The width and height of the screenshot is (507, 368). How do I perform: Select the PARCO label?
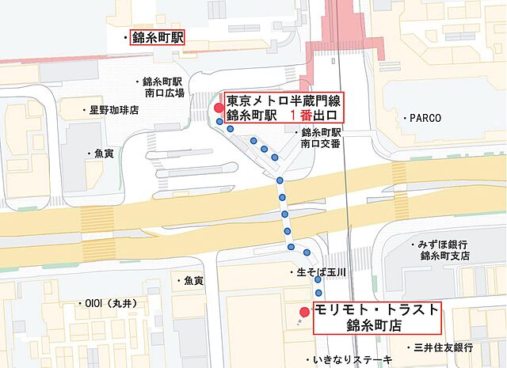[x=430, y=117]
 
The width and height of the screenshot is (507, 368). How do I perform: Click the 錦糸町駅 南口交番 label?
[x=321, y=138]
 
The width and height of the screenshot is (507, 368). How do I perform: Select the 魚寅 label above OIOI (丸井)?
[x=193, y=281]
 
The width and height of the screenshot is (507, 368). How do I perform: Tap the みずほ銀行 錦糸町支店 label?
[x=443, y=250]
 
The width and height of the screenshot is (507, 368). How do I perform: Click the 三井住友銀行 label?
[x=441, y=347]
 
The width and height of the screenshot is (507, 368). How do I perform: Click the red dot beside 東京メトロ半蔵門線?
[x=219, y=108]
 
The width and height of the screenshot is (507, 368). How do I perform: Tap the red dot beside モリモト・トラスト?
[x=304, y=312]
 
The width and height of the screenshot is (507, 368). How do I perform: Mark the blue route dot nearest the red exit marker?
[x=220, y=122]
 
